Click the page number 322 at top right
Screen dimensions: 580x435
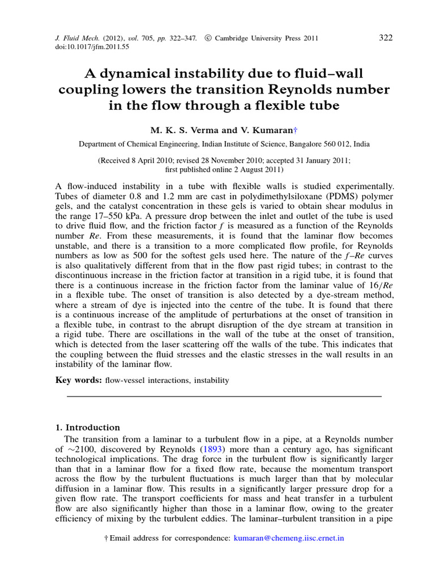point(385,38)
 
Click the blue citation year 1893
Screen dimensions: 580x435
point(208,449)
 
